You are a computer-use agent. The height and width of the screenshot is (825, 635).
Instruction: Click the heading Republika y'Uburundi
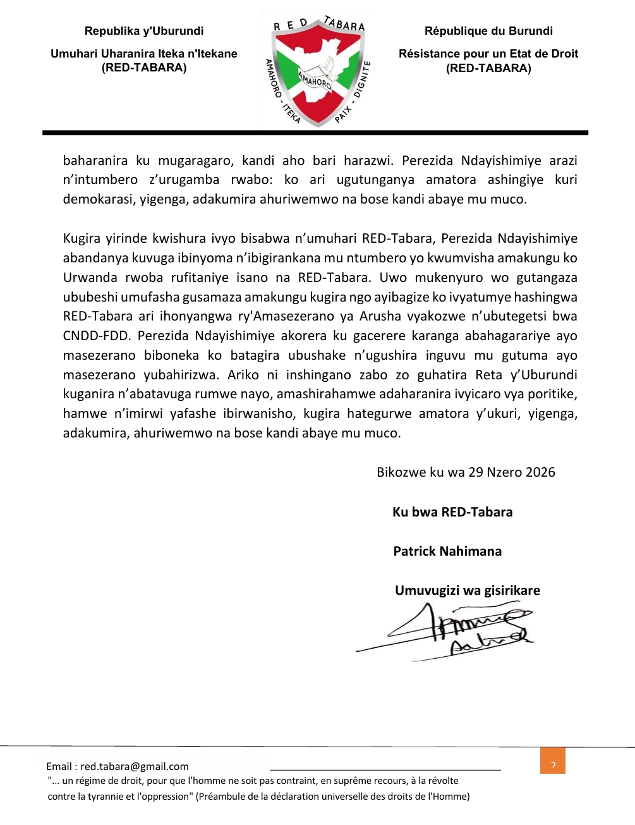click(144, 31)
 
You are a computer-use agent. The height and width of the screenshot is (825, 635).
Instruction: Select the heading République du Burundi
click(488, 31)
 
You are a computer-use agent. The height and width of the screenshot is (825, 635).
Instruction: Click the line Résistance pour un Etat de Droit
click(488, 54)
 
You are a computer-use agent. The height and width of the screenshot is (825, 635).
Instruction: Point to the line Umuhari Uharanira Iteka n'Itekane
click(144, 54)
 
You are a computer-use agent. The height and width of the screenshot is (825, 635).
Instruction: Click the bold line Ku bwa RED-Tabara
click(452, 512)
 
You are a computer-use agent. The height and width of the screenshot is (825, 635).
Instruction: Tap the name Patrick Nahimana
click(447, 551)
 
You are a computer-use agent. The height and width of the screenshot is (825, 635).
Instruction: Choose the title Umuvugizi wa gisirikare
click(468, 590)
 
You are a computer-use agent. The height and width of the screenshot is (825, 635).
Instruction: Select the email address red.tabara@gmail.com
click(135, 766)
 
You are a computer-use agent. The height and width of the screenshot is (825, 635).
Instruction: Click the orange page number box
click(553, 761)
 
